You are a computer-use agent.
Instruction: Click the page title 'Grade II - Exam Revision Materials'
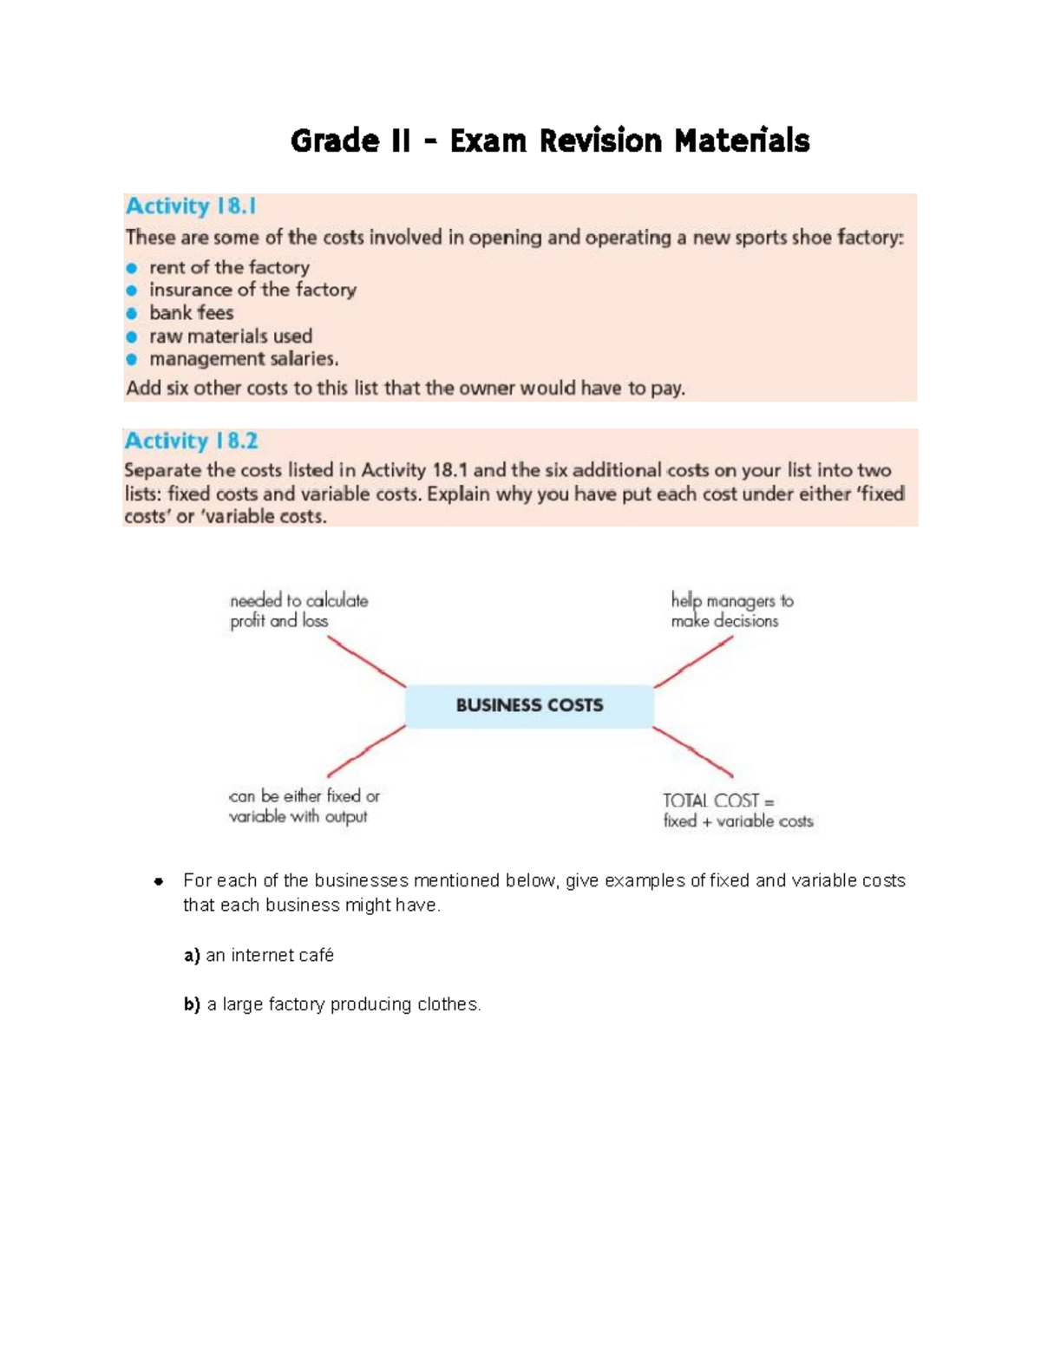tap(550, 141)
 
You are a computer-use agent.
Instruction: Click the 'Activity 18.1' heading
tap(191, 206)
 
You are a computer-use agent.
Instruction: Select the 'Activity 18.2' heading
tap(191, 441)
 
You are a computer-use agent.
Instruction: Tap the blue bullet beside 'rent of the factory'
tap(132, 268)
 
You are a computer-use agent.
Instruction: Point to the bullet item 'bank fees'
tap(191, 313)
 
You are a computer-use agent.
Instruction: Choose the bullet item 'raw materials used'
tap(231, 336)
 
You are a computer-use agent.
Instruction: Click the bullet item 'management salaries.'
tap(244, 359)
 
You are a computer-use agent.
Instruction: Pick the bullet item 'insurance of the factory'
tap(252, 290)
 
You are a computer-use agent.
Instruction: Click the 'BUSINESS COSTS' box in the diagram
tap(529, 705)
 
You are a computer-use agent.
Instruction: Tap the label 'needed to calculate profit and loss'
tap(298, 611)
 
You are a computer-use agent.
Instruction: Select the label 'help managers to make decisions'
tap(731, 611)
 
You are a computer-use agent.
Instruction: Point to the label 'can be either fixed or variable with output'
tap(304, 807)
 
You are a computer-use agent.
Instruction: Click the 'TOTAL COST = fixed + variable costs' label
tap(737, 811)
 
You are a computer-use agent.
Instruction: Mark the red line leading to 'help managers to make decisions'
tap(693, 663)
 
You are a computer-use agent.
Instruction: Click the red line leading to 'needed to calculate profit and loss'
tap(367, 662)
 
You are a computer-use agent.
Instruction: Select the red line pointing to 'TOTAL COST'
tap(693, 752)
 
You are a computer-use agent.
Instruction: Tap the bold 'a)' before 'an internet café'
tap(192, 955)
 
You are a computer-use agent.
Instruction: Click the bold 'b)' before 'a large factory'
tap(192, 1004)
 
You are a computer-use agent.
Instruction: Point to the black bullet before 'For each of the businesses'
tap(159, 881)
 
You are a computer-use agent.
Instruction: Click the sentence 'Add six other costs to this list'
tap(405, 388)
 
